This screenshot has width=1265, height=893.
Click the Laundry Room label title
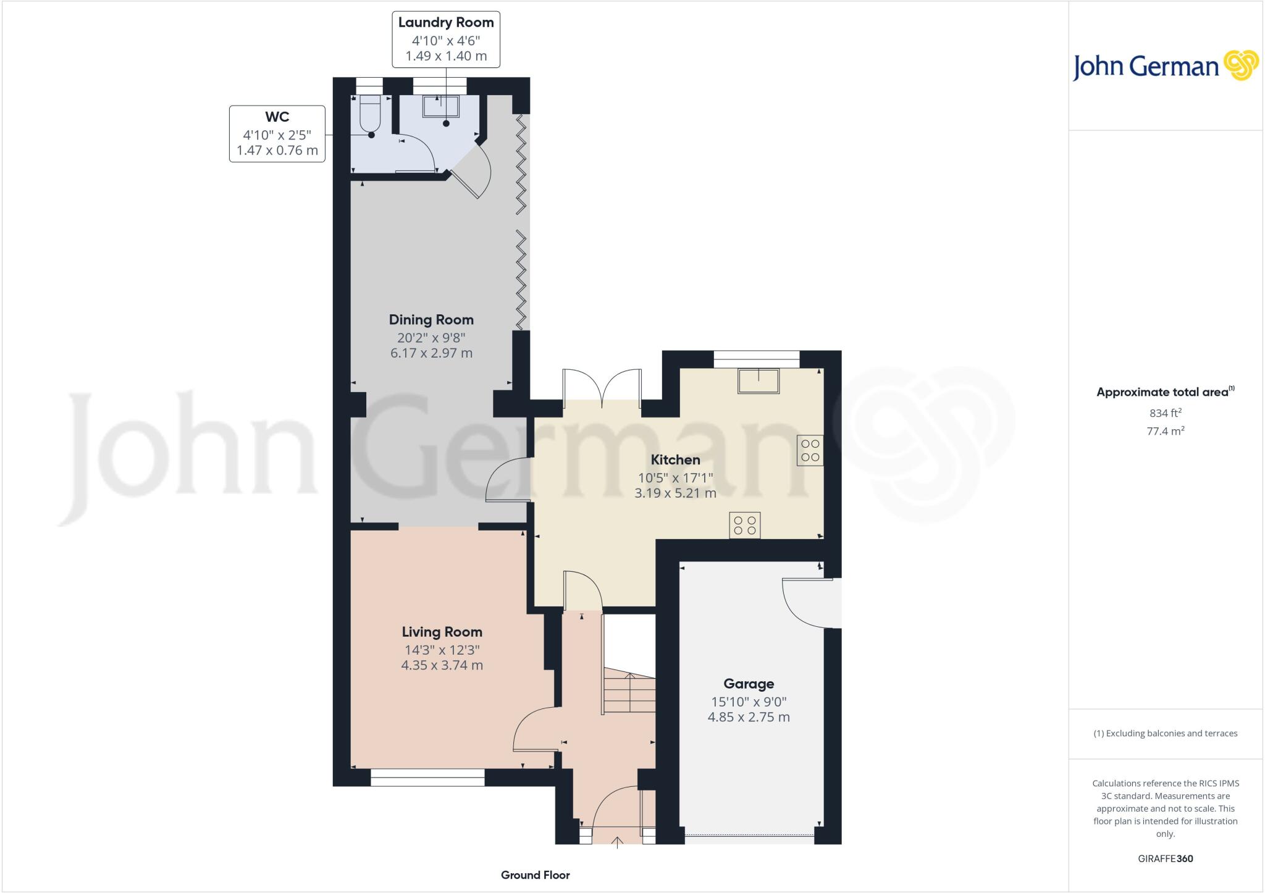coord(445,23)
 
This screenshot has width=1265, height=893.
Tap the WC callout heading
coord(277,117)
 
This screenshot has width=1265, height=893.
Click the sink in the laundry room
coord(440,106)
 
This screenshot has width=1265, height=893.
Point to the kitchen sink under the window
coord(758,380)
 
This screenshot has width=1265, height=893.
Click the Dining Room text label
coord(431,320)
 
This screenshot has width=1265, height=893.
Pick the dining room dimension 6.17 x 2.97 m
coord(431,353)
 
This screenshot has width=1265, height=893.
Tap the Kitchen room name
coord(675,459)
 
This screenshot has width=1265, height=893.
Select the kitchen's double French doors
coord(602,387)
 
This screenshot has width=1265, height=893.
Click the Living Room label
coord(442,632)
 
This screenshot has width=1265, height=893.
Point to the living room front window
coord(427,778)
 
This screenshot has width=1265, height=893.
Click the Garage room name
coord(749,684)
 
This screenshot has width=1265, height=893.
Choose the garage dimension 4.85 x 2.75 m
coord(749,717)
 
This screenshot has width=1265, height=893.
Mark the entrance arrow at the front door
coord(617,842)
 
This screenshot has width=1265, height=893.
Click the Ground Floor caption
coord(535,875)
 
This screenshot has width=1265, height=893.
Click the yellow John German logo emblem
coord(1240,65)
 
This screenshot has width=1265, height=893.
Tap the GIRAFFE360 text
coord(1165,858)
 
